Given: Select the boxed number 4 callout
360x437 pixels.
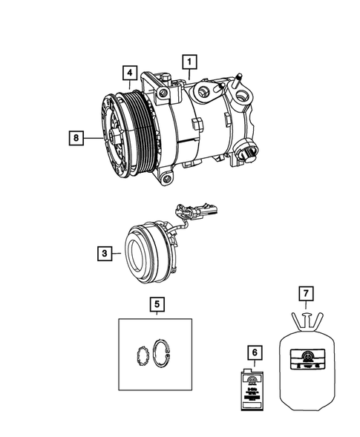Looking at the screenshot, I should [129, 73].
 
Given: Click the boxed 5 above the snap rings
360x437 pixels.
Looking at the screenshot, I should [155, 303].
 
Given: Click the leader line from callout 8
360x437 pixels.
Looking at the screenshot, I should [93, 137].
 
